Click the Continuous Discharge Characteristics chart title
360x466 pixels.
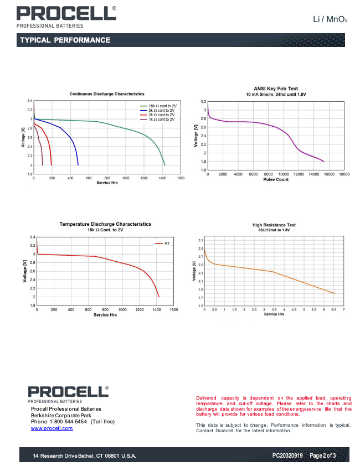107,94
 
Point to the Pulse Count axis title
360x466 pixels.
275,179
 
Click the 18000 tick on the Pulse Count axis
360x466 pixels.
344,174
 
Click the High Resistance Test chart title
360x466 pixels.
274,225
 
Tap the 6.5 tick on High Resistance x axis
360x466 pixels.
333,310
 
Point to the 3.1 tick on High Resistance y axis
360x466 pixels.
200,240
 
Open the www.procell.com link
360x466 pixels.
52,428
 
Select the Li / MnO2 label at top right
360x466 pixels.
330,20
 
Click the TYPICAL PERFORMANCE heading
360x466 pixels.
65,40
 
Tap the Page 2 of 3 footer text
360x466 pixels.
322,455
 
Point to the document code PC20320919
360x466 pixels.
287,455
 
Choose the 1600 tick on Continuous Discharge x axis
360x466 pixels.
180,178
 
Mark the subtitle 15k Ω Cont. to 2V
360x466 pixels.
105,230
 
